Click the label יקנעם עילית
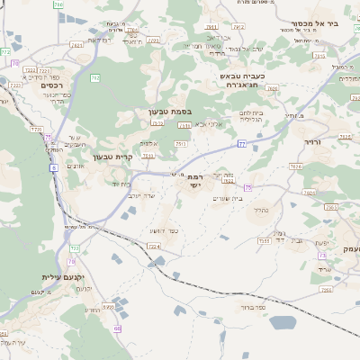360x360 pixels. (62, 277)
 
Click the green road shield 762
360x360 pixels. (94, 78)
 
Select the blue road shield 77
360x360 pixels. (242, 143)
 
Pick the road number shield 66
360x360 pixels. (118, 329)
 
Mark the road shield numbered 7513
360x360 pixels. (181, 143)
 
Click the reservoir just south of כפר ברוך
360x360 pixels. (283, 321)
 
